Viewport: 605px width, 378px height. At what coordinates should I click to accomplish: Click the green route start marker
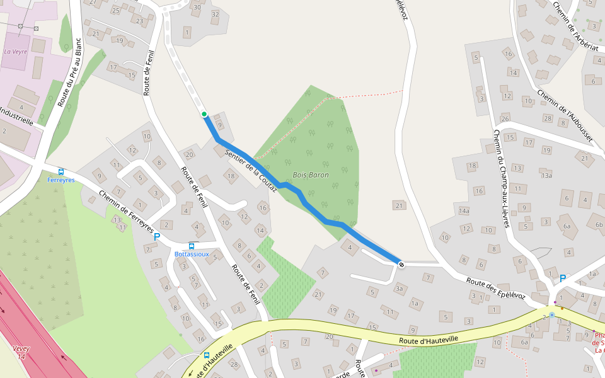(x=204, y=114)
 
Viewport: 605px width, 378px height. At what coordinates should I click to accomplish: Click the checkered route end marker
(x=401, y=264)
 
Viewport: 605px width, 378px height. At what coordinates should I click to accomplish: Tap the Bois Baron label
(x=311, y=175)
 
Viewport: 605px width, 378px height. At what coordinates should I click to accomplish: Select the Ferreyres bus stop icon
(x=61, y=171)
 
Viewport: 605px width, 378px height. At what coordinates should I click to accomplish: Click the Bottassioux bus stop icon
(x=192, y=246)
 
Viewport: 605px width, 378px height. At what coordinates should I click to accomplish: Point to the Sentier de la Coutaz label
(x=251, y=168)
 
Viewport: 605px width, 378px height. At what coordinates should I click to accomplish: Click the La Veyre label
(x=16, y=52)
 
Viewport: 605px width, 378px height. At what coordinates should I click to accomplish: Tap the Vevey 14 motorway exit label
(x=21, y=352)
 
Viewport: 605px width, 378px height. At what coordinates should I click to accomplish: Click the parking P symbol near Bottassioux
(x=157, y=238)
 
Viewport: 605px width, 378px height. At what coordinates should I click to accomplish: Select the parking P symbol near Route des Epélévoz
(x=563, y=278)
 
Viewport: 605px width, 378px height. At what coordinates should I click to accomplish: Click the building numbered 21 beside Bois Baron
(x=398, y=205)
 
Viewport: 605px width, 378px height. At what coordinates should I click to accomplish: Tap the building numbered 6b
(x=599, y=224)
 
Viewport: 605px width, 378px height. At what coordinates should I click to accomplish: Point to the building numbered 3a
(x=399, y=289)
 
